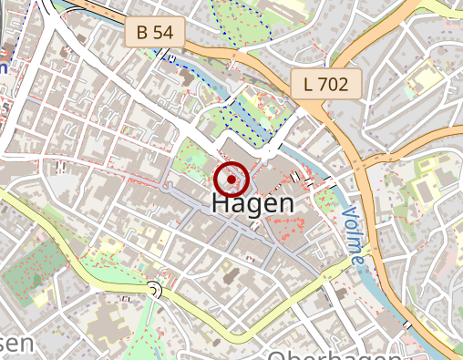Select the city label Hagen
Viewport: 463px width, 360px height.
tap(252, 204)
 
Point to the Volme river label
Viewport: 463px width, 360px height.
tap(354, 235)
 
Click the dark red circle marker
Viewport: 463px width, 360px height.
tap(232, 180)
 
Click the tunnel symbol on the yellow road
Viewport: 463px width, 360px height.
tap(154, 291)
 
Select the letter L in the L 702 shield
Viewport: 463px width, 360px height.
tap(309, 86)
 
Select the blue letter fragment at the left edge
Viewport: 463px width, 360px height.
tap(3, 66)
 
